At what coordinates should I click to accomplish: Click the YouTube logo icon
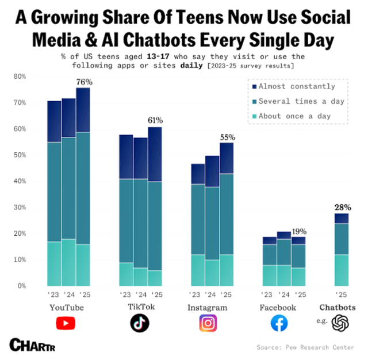tap(65, 323)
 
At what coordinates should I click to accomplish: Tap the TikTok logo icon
tap(140, 323)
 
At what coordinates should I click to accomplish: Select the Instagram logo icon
tap(208, 323)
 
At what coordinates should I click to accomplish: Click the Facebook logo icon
tap(279, 323)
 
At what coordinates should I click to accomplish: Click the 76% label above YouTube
tap(84, 82)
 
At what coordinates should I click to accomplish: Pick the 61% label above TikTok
tap(155, 121)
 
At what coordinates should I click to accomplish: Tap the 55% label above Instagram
tap(228, 138)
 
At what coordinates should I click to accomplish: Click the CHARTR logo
tap(33, 344)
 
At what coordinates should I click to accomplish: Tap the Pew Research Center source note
tap(306, 347)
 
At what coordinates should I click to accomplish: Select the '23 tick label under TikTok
tap(125, 294)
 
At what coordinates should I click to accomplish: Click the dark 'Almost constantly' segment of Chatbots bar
tap(342, 219)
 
